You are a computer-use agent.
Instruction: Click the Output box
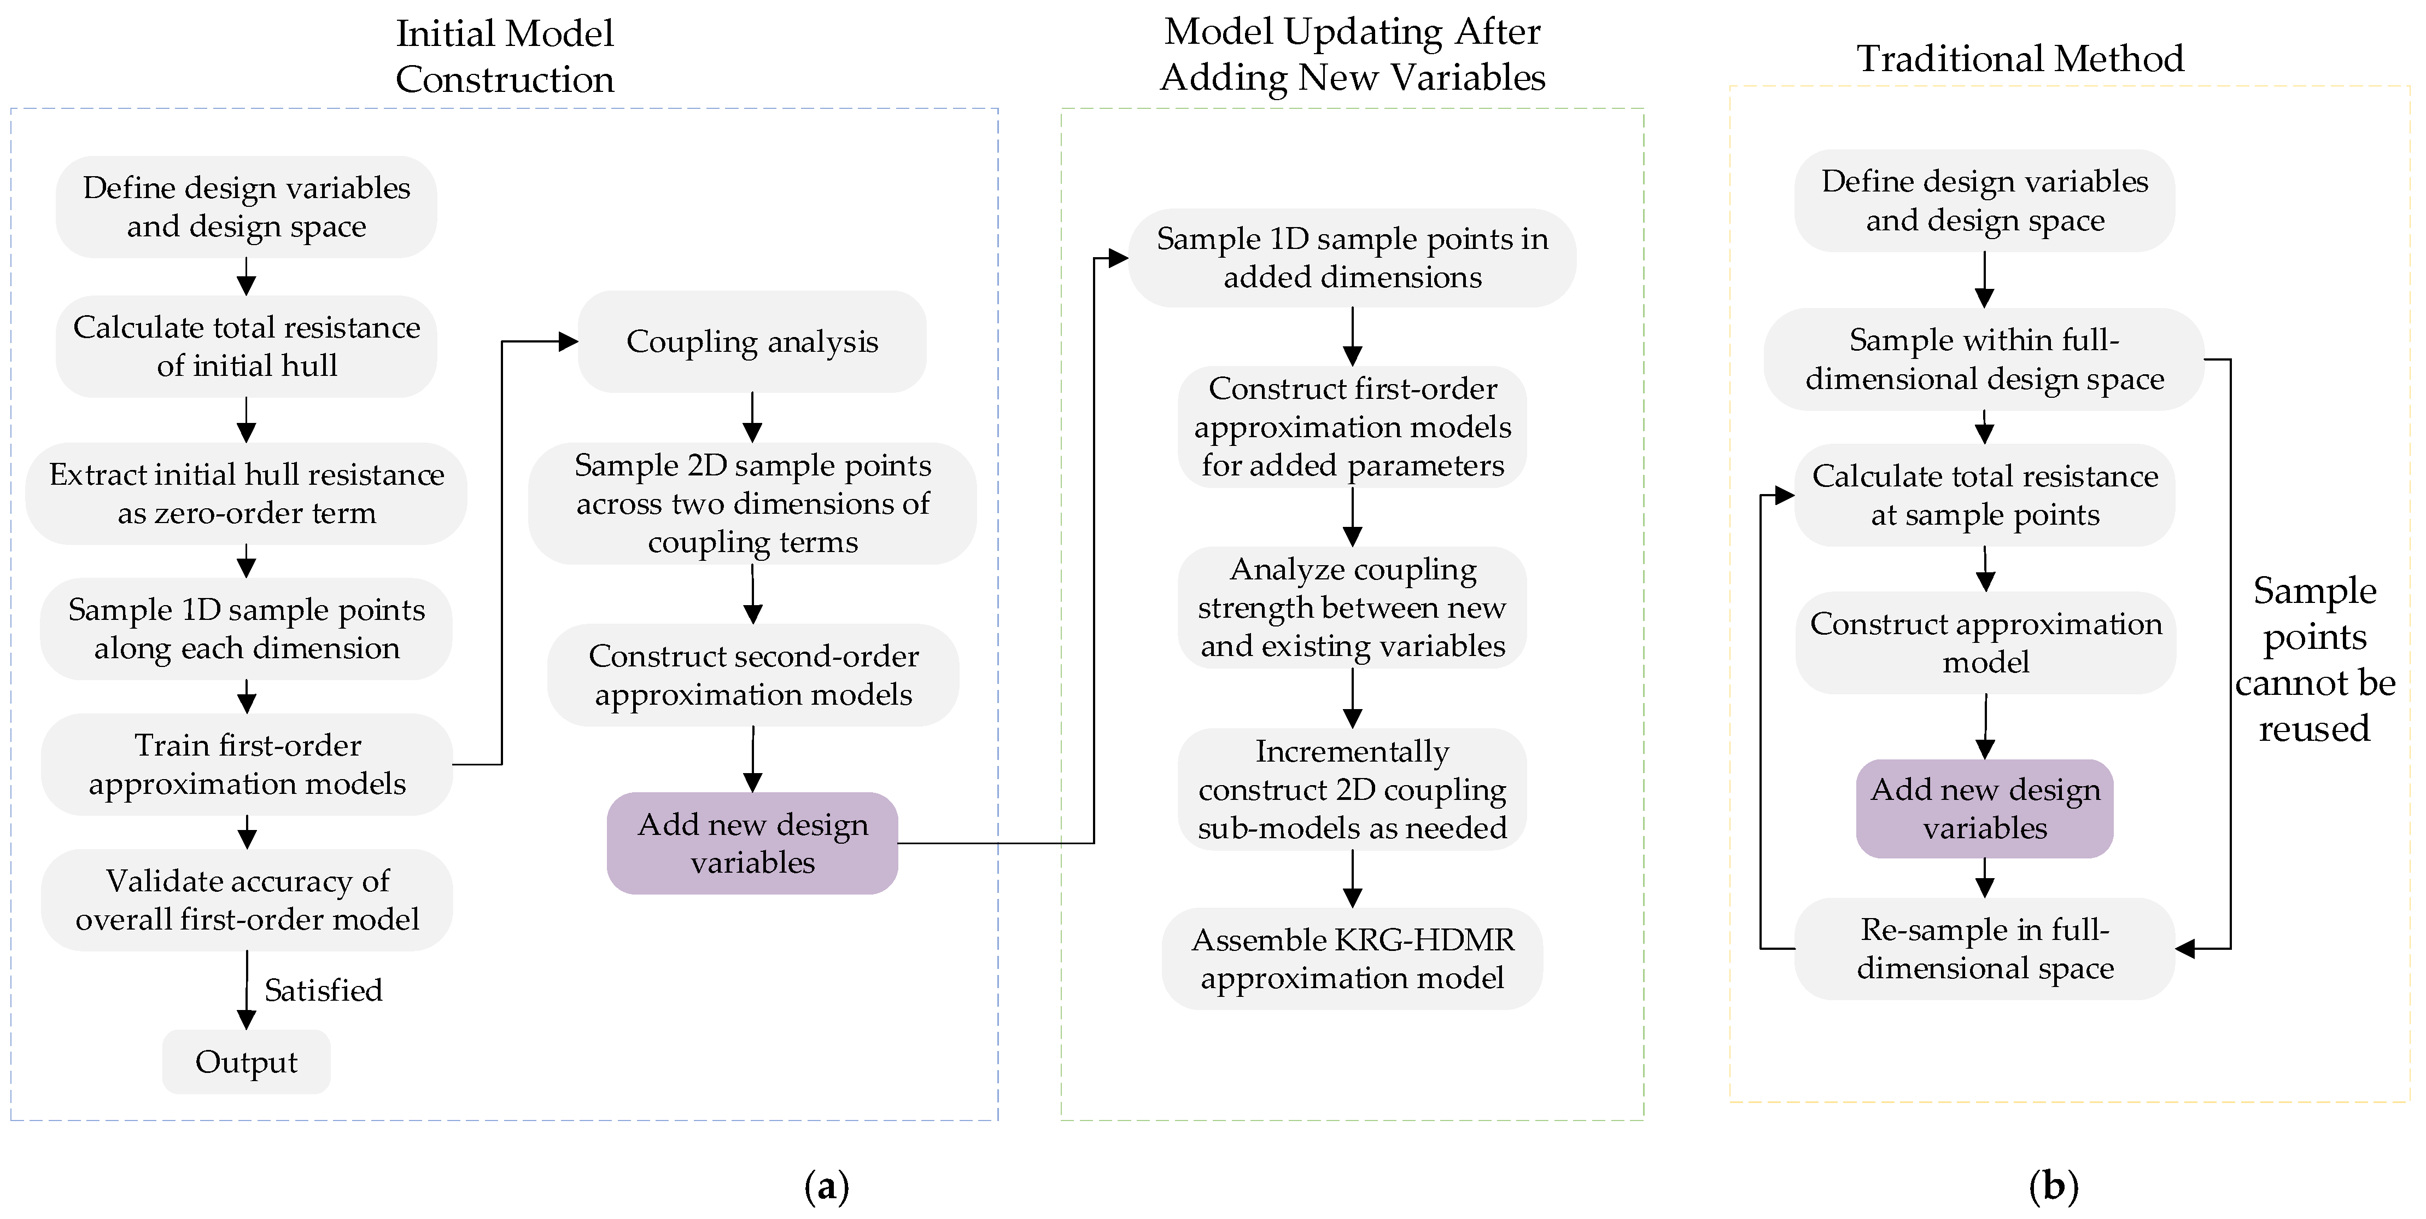(x=246, y=1061)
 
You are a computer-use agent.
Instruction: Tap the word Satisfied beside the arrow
(x=323, y=990)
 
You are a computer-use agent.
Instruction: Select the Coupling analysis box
(x=752, y=341)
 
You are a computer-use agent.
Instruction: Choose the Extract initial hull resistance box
(x=246, y=494)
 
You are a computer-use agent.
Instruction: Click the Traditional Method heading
(x=2020, y=59)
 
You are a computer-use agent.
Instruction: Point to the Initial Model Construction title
(x=505, y=56)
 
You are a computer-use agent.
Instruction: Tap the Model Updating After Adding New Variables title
(x=1352, y=55)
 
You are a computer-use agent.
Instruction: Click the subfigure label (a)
(x=827, y=1186)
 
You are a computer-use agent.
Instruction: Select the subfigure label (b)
(x=2054, y=1186)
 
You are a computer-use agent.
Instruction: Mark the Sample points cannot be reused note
(x=2315, y=659)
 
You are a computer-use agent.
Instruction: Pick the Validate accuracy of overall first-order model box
(x=247, y=899)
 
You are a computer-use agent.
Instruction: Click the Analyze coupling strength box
(x=1352, y=608)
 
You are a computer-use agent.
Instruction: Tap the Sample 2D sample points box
(x=752, y=504)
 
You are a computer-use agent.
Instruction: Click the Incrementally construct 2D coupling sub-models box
(x=1352, y=790)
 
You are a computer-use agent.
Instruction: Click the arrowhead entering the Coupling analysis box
(x=568, y=341)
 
